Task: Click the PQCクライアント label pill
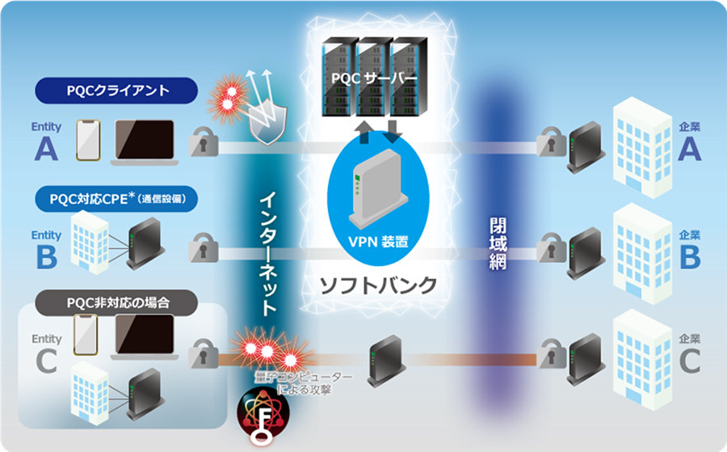pyautogui.click(x=118, y=91)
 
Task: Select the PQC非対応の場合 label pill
pyautogui.click(x=118, y=305)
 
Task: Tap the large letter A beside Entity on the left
pyautogui.click(x=45, y=149)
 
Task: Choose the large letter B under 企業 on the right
pyautogui.click(x=689, y=256)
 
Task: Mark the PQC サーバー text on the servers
pyautogui.click(x=372, y=79)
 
